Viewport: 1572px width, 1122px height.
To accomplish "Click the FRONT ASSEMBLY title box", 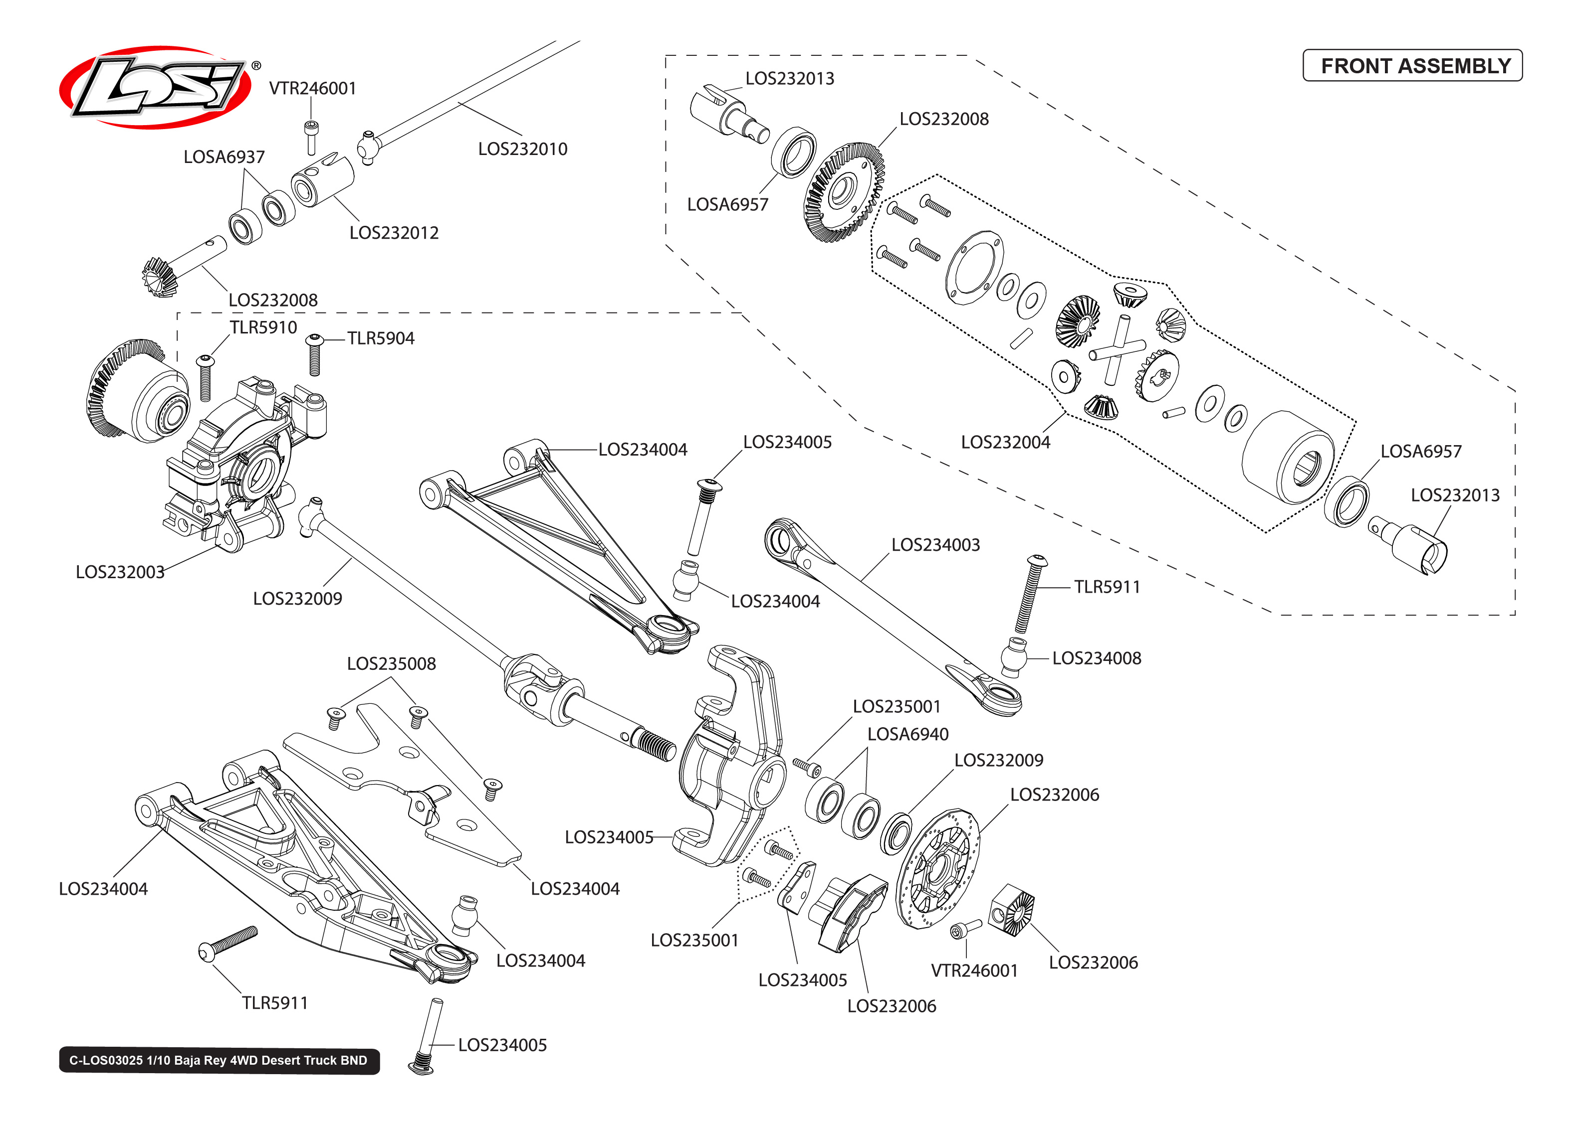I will [1412, 66].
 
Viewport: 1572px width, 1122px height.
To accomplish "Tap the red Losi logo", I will [156, 88].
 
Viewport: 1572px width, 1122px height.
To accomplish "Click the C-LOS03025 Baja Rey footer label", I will [219, 1060].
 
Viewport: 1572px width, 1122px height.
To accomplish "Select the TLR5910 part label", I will [263, 327].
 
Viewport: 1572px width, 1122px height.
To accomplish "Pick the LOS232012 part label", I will [393, 233].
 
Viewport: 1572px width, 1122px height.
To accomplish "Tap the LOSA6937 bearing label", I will [224, 158].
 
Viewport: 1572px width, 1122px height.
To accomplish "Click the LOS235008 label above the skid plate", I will [391, 664].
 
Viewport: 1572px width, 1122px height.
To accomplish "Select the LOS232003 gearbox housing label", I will [120, 572].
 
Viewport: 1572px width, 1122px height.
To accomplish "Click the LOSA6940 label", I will [907, 734].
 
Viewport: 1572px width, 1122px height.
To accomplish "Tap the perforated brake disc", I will [937, 869].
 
